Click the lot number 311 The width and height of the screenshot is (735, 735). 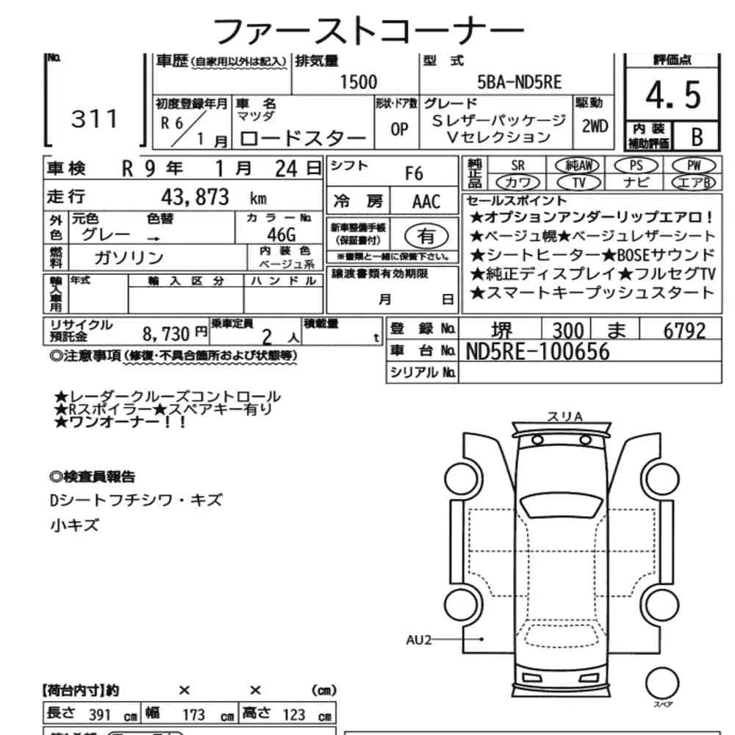(94, 118)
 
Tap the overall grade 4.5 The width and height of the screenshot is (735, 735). (673, 96)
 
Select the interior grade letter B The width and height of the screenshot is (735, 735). (697, 137)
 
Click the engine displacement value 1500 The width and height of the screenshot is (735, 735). (358, 82)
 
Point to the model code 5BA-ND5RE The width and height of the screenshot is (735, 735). (519, 82)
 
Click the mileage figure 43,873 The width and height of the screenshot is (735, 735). (195, 197)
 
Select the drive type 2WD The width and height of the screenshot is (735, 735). (595, 126)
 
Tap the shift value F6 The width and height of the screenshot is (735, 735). (414, 174)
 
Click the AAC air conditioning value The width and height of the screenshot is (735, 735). (426, 201)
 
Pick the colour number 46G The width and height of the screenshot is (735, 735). (282, 234)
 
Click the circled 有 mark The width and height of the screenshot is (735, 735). (426, 236)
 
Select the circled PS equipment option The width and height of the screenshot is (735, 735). (636, 165)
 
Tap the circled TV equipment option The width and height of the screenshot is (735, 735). (579, 182)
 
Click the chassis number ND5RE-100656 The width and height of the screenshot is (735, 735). (537, 351)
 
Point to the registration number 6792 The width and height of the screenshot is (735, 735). (684, 331)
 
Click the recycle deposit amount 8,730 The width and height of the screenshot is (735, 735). (166, 334)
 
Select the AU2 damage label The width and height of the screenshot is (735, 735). (419, 640)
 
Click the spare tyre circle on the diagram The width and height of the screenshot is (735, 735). (662, 683)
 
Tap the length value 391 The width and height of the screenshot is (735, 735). (99, 715)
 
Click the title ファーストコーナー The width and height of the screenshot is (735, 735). (368, 31)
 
